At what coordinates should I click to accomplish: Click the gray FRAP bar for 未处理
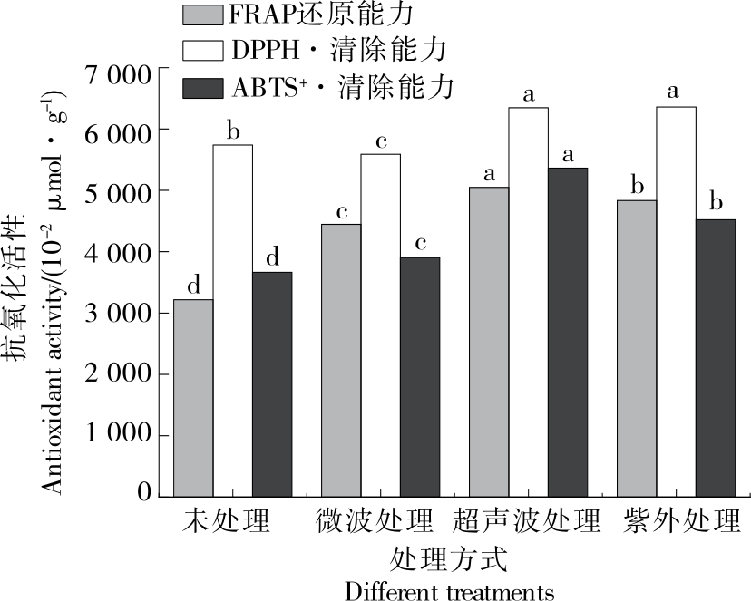pos(193,398)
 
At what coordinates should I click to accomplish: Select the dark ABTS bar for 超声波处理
pos(568,332)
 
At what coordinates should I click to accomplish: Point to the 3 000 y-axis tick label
pos(116,314)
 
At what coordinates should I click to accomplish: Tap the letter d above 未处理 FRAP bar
pos(193,286)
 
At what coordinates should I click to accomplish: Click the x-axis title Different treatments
pos(449,592)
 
